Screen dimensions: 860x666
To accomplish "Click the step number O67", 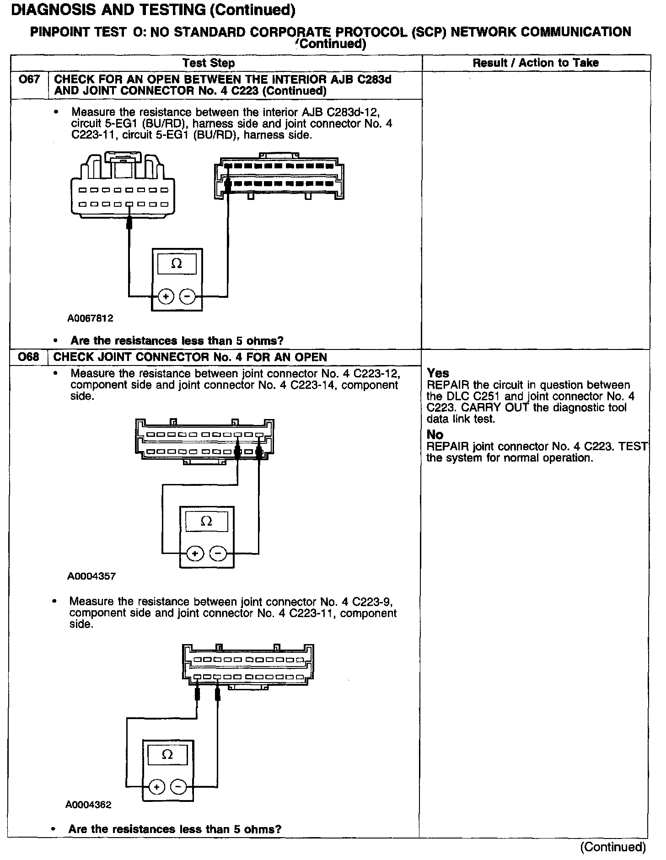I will [29, 80].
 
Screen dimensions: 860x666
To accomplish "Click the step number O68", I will [29, 357].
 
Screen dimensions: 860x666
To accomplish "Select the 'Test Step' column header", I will [209, 63].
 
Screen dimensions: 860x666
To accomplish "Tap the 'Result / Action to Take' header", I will [536, 63].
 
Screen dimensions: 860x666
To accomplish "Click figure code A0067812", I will [90, 318].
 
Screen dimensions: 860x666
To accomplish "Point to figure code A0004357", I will [91, 576].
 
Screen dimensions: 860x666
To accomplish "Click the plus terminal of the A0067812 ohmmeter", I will [166, 297].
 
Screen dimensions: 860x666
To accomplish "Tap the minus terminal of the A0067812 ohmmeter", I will [187, 297].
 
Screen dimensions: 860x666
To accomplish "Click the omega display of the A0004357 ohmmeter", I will [207, 521].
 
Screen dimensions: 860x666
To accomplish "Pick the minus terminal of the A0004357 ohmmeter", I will [218, 554].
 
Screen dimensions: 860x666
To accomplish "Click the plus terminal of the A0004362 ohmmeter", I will [156, 787].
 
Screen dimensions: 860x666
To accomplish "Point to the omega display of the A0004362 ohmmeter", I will [167, 755].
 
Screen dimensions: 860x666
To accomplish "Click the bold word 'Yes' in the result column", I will [438, 373].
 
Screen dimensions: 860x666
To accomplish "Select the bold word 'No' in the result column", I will [435, 435].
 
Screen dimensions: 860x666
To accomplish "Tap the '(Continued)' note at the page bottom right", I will [613, 847].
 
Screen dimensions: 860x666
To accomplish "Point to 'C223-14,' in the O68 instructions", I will [314, 385].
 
